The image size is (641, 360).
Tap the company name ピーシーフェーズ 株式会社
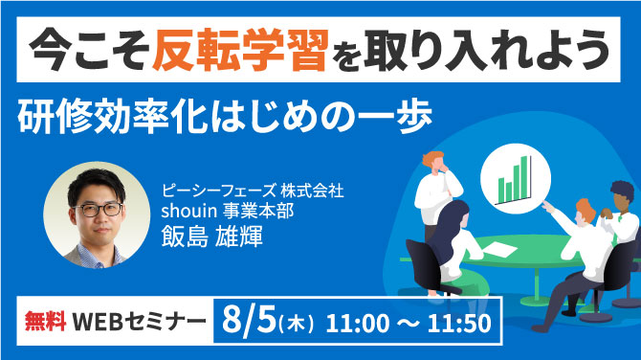[254, 191]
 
